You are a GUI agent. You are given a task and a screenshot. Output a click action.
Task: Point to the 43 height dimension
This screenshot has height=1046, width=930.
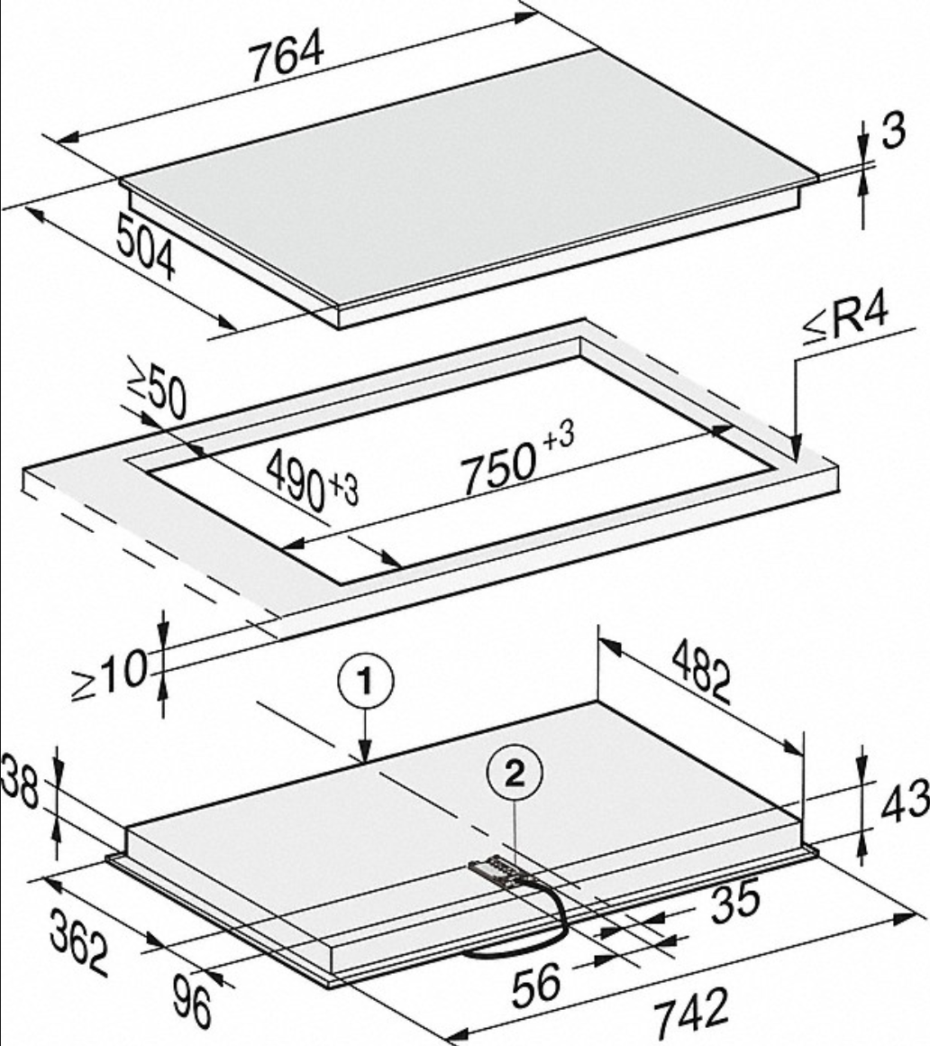click(904, 802)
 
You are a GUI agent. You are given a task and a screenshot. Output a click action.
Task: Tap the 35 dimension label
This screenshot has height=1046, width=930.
click(734, 901)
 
